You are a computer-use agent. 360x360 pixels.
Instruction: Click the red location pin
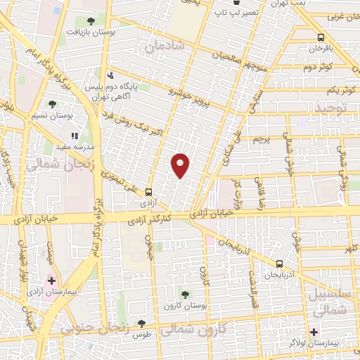click(181, 165)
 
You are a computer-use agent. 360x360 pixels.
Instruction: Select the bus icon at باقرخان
click(321, 38)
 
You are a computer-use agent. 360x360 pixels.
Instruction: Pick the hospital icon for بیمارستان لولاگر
click(314, 331)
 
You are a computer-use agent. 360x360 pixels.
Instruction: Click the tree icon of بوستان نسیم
click(52, 104)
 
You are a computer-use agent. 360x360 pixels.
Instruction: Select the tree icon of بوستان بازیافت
click(90, 20)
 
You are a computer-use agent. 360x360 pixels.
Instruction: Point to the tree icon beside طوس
click(141, 324)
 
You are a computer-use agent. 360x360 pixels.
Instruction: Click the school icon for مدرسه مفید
click(75, 136)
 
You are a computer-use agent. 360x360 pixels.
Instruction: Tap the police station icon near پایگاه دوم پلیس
click(110, 75)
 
